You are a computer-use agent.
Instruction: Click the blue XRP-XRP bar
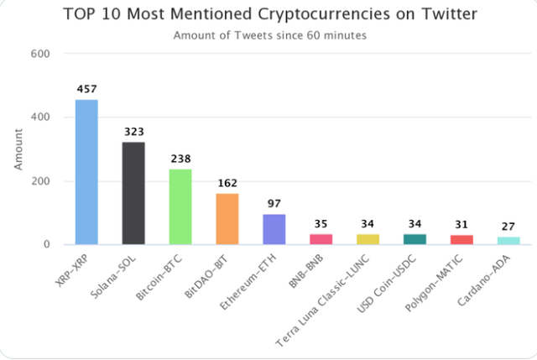[x=86, y=172]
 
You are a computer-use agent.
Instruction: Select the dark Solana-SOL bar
[x=133, y=193]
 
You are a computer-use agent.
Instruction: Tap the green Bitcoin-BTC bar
[x=180, y=206]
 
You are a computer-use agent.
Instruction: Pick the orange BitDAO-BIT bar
[x=227, y=219]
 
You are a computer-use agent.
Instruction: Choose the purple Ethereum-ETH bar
[x=274, y=229]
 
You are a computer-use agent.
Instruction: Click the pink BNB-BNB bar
[x=321, y=239]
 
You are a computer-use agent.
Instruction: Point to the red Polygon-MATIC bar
[x=461, y=240]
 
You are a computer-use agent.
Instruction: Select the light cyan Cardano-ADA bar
[x=508, y=241]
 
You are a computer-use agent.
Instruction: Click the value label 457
[x=86, y=89]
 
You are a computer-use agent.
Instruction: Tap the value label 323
[x=133, y=132]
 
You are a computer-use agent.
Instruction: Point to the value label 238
[x=180, y=159]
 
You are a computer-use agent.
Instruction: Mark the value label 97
[x=274, y=204]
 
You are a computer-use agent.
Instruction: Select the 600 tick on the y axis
[x=40, y=54]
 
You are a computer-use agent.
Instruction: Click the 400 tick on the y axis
[x=40, y=117]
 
